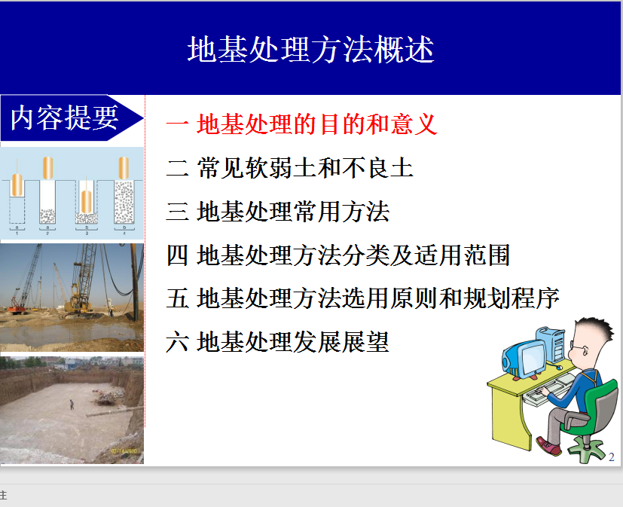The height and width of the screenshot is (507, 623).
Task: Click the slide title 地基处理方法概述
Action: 310,49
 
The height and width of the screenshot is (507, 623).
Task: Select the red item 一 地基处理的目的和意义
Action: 301,124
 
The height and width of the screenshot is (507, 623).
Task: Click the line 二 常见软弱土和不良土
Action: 289,168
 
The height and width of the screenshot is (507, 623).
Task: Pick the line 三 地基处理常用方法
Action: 278,212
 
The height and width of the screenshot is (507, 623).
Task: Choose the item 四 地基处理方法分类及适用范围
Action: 338,255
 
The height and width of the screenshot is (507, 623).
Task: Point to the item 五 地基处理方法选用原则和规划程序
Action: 363,298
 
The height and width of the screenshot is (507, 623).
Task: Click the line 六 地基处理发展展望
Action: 278,342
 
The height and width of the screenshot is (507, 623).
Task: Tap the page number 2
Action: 612,457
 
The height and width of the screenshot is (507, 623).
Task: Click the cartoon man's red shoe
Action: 548,446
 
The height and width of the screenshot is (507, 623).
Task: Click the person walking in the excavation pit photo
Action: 72,405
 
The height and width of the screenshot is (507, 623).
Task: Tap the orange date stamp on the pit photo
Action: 124,451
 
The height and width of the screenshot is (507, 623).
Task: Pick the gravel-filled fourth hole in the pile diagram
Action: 124,202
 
